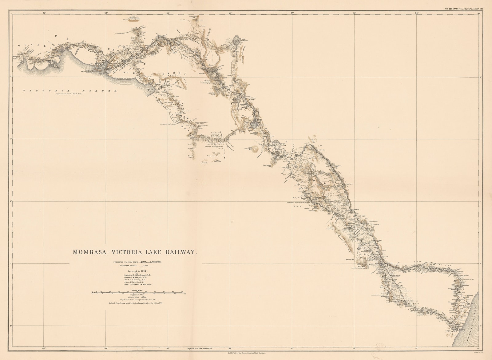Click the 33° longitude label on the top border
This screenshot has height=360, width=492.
[x=44, y=13]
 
